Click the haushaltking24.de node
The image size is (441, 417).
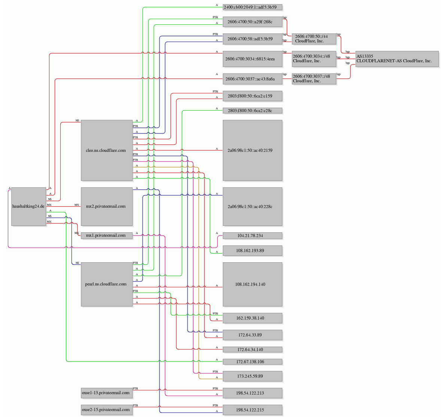point(29,206)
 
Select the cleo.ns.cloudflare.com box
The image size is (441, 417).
point(107,150)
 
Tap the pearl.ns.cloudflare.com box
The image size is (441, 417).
point(107,284)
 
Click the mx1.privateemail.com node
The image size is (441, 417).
point(107,236)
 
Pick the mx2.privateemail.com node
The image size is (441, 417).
point(107,206)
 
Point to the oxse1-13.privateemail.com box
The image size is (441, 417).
point(107,393)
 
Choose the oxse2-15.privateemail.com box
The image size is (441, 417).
point(107,410)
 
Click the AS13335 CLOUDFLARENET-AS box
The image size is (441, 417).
point(397,59)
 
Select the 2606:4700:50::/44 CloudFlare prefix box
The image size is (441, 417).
point(314,39)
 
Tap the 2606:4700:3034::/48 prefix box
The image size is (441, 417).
point(314,59)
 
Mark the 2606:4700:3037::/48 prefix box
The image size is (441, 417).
point(314,79)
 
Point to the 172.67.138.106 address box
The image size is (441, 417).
point(253,362)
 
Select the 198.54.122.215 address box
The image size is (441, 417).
point(253,410)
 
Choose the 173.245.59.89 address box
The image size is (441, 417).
point(253,376)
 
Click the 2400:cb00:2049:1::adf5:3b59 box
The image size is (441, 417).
point(253,7)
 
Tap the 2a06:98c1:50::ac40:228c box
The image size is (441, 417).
point(253,206)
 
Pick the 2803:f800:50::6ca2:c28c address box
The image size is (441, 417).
point(253,111)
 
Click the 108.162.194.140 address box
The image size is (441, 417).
point(253,284)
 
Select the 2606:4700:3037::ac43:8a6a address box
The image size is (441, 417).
point(253,79)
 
